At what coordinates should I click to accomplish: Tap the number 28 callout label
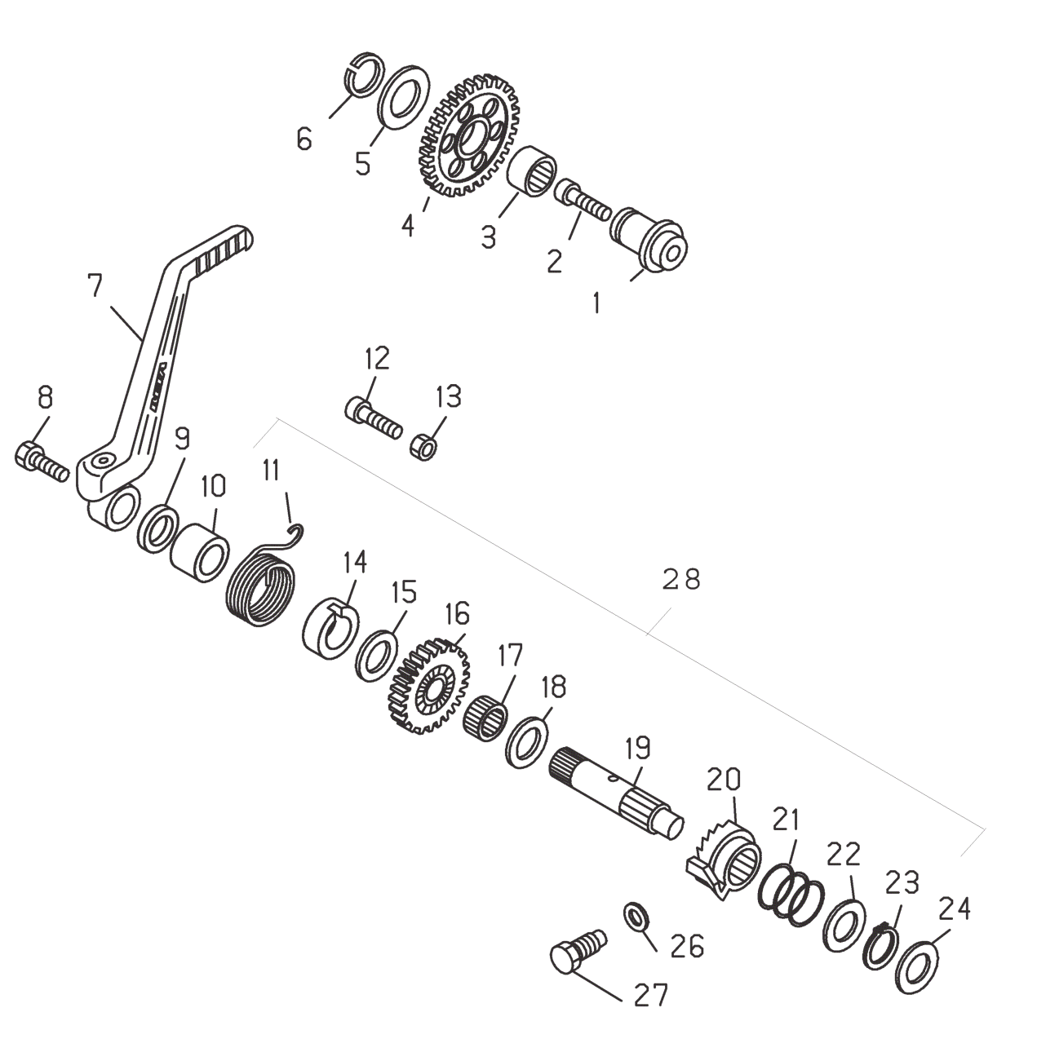click(x=680, y=579)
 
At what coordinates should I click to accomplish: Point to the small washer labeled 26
click(x=636, y=917)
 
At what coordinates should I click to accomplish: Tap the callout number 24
click(x=954, y=908)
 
